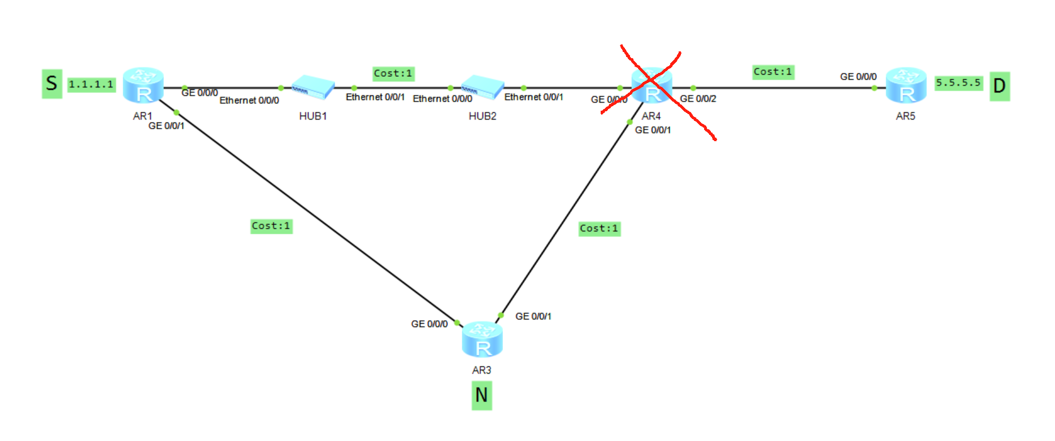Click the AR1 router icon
[144, 85]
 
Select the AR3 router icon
[482, 339]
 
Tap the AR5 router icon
[906, 85]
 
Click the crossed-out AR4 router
[652, 86]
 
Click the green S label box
[52, 84]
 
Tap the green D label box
[999, 86]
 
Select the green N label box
[481, 395]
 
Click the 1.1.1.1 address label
[92, 85]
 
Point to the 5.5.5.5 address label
[958, 83]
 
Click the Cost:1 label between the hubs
[393, 73]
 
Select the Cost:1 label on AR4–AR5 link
[773, 72]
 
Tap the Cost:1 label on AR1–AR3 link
[271, 226]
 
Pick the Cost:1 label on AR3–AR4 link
[599, 229]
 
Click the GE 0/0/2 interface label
[698, 99]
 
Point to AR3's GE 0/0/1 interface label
[533, 316]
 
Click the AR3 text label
[481, 370]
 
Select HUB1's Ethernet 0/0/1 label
[375, 97]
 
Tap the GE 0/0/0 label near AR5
[858, 77]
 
